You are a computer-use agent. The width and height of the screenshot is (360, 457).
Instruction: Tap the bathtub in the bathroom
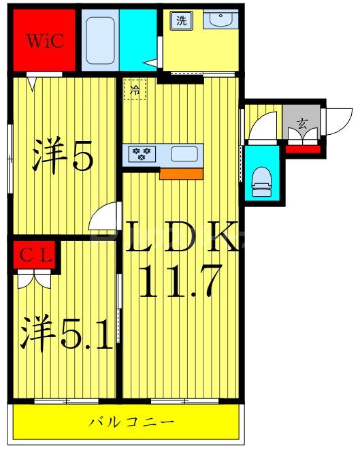click(x=100, y=39)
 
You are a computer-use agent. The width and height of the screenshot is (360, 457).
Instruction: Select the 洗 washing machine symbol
click(x=181, y=20)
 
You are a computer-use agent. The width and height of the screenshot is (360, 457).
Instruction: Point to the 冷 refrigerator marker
click(x=135, y=89)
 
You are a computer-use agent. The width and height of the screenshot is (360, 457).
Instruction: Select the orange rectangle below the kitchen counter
click(x=181, y=174)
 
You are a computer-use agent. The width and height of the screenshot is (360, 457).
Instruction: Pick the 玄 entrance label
click(x=300, y=124)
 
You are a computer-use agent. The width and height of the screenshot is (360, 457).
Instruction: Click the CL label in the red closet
click(x=35, y=256)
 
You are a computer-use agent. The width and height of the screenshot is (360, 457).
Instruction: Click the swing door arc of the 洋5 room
click(x=104, y=219)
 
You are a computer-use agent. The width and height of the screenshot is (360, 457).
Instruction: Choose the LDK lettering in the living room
click(x=181, y=238)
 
